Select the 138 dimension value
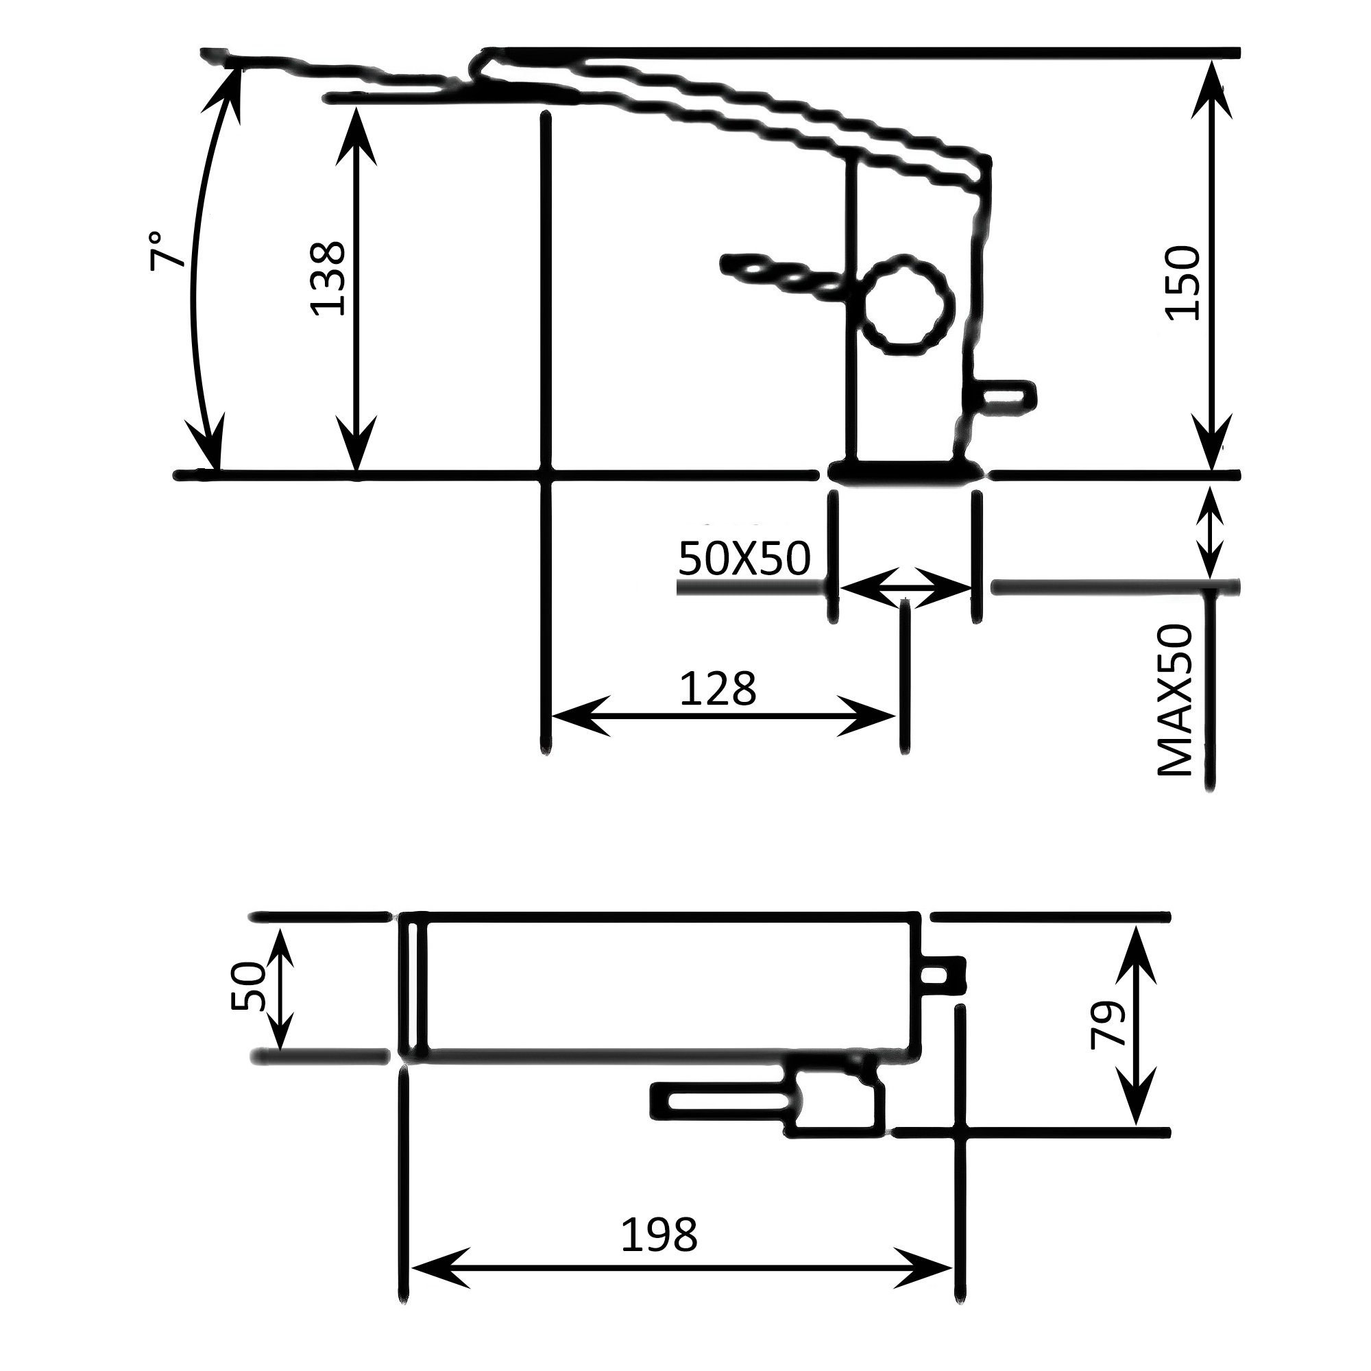pos(328,279)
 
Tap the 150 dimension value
pos(1182,283)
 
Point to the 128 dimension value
pos(718,689)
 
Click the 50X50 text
pos(744,559)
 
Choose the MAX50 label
pos(1175,701)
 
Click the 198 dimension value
pos(659,1235)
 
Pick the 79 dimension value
pos(1108,1024)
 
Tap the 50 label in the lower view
pos(247,986)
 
